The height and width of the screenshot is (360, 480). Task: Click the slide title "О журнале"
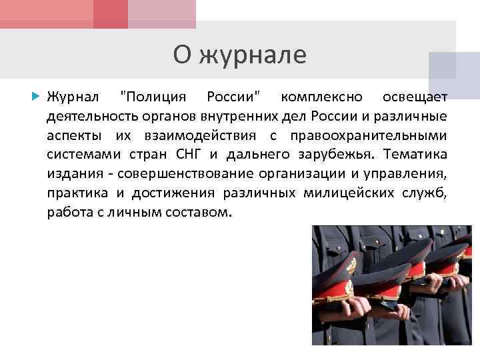coord(239,55)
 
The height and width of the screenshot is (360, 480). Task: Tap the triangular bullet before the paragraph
coord(37,97)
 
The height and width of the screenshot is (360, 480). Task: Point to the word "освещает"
coord(414,97)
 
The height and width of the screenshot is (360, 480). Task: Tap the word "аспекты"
coord(74,136)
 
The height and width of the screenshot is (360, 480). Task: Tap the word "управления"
coord(405,175)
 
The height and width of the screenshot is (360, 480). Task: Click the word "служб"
coord(425,194)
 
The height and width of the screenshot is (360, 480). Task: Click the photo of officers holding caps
coord(391,285)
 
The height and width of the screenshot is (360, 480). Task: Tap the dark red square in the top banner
coord(111,14)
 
